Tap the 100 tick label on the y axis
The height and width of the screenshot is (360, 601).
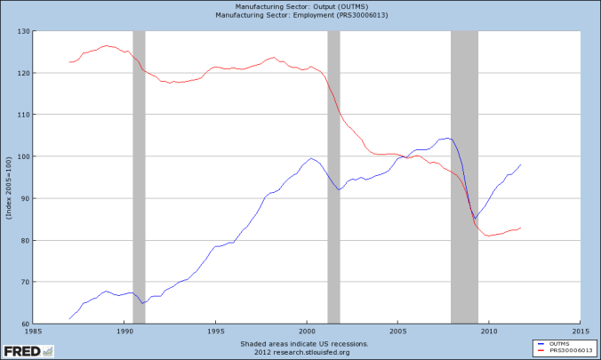[23, 156]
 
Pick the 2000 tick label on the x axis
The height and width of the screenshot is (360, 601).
[307, 332]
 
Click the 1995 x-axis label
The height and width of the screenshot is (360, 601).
[215, 332]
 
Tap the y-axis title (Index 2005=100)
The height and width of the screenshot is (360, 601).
[8, 178]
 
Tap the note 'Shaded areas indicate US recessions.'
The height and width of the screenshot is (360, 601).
[303, 341]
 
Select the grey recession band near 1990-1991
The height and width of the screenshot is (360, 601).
[139, 178]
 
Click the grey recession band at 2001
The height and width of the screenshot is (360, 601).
[333, 178]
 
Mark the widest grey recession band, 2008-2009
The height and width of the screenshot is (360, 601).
[464, 178]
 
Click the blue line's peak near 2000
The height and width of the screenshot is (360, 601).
[311, 158]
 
